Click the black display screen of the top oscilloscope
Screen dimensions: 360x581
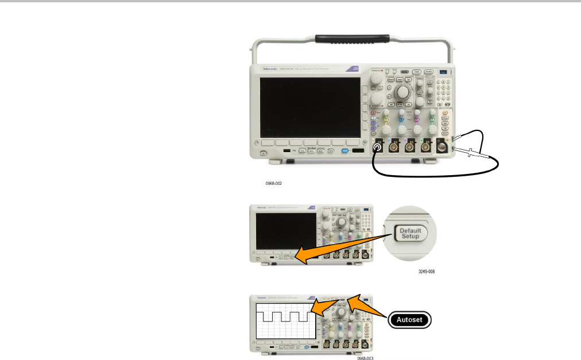coord(311,106)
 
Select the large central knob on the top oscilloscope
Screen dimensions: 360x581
coord(403,92)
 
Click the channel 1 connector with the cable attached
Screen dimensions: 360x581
coord(377,149)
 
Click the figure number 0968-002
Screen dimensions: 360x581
coord(274,184)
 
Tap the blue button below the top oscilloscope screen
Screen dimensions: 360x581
coord(345,151)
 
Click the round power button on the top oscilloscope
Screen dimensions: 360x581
coord(262,153)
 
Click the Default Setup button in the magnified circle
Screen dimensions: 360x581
coord(410,233)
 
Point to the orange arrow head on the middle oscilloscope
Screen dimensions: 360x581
coord(299,259)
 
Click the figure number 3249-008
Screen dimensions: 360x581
coord(427,271)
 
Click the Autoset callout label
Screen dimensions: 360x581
coord(410,320)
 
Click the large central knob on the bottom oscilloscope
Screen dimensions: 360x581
coord(341,312)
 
